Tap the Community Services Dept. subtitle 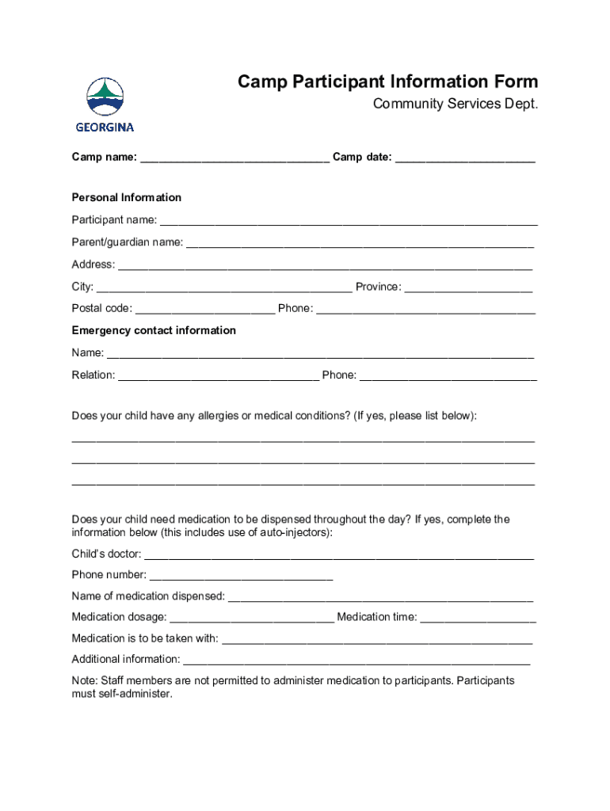coord(456,105)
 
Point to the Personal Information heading coord(127,197)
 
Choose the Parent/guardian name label coord(127,242)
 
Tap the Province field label coord(378,287)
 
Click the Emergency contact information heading coord(154,330)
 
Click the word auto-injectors coord(295,532)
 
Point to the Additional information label coord(125,659)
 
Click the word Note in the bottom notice coord(83,680)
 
